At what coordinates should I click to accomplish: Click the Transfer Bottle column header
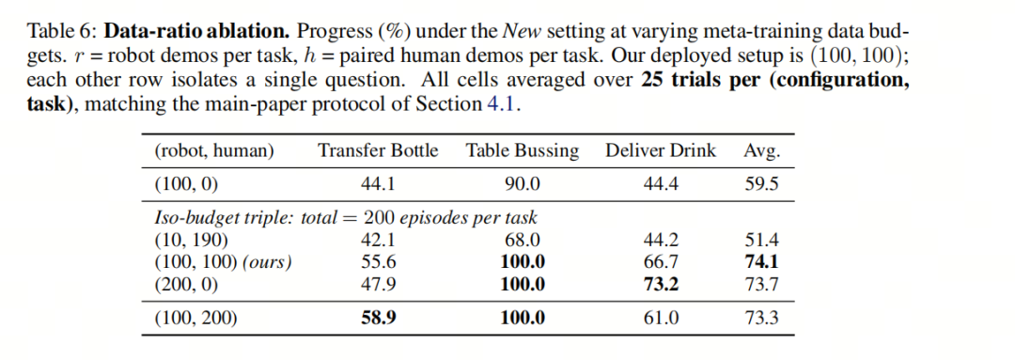pyautogui.click(x=378, y=151)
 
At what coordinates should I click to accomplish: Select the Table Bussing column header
pyautogui.click(x=523, y=151)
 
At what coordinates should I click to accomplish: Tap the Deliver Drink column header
pyautogui.click(x=661, y=151)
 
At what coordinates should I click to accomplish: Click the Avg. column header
pyautogui.click(x=762, y=152)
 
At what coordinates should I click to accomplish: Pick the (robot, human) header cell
pyautogui.click(x=214, y=152)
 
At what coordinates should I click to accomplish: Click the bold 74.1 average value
pyautogui.click(x=762, y=262)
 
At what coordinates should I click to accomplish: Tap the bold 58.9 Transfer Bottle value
pyautogui.click(x=378, y=318)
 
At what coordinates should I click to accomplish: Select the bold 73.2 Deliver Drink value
pyautogui.click(x=661, y=284)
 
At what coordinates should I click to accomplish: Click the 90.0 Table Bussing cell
pyautogui.click(x=523, y=184)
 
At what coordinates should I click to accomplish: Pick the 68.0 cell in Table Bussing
pyautogui.click(x=523, y=241)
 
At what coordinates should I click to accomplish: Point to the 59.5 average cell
pyautogui.click(x=762, y=184)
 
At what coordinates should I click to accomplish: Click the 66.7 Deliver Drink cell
pyautogui.click(x=661, y=262)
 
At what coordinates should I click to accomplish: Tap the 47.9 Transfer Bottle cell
pyautogui.click(x=378, y=284)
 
